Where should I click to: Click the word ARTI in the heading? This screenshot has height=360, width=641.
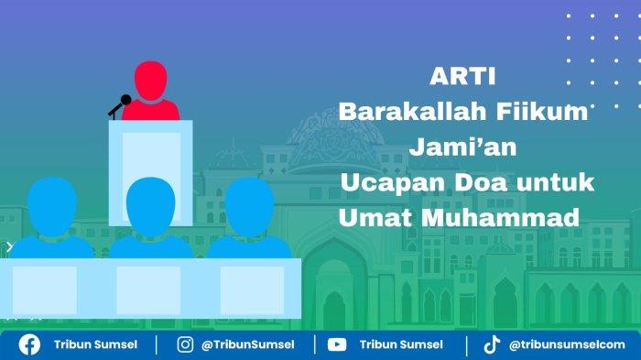(462, 76)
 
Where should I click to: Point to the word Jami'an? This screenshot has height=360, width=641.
(462, 147)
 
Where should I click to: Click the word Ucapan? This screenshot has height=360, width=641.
(393, 182)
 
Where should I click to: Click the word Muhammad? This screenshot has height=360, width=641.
(500, 217)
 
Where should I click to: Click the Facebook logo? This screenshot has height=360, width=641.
(29, 344)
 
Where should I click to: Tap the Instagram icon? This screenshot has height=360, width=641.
(185, 344)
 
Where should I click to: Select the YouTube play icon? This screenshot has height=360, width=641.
(337, 344)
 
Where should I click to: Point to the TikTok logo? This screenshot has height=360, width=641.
(492, 344)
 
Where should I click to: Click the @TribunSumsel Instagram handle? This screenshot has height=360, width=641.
(248, 344)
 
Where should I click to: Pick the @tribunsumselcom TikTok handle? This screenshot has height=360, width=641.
(567, 344)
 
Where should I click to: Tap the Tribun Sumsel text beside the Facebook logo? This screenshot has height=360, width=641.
(95, 344)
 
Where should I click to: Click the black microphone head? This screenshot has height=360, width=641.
(126, 100)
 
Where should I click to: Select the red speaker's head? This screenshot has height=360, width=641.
(151, 81)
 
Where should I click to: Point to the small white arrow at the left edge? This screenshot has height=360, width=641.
(9, 246)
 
